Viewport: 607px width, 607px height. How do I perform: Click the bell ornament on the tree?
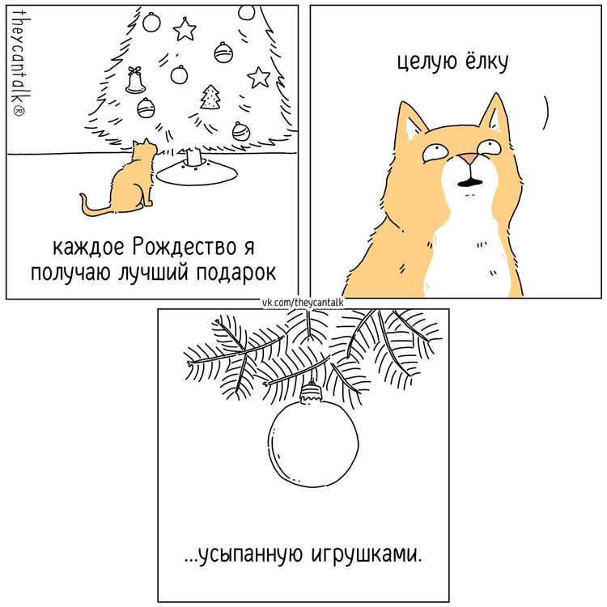135,80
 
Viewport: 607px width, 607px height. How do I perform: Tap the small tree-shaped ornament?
211,96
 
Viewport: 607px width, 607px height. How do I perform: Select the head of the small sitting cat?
143,151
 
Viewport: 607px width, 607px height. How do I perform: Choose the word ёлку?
486,63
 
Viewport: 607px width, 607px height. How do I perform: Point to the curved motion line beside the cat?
545,112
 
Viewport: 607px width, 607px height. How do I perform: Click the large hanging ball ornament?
312,444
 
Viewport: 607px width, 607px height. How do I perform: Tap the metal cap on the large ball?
311,396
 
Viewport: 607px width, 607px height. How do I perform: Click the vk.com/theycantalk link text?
303,303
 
